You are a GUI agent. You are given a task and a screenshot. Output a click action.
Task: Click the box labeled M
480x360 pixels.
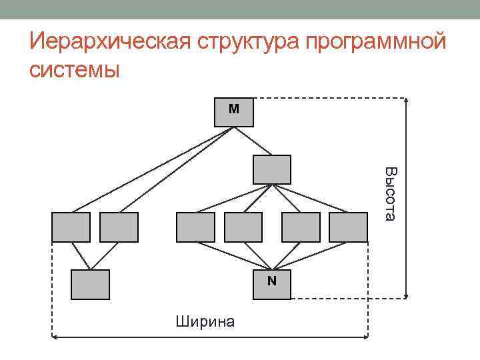pos(233,111)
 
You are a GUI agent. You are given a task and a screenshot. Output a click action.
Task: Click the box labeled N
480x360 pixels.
pos(272,284)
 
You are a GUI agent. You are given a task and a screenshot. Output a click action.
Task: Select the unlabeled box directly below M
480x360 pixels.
pos(272,169)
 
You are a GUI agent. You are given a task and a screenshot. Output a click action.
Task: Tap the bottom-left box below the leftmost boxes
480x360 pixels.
pos(90,284)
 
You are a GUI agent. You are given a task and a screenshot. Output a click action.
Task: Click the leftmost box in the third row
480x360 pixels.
pos(71,227)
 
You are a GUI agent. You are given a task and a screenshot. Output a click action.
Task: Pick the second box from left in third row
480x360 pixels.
pos(119,227)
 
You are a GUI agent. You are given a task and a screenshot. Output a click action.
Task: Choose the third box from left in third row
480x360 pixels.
pos(195,227)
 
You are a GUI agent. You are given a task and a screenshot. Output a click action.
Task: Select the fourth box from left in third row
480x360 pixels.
pos(243,227)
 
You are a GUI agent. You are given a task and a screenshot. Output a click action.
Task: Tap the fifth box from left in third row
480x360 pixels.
pos(301,227)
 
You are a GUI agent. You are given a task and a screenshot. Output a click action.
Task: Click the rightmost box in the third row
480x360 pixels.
pos(348,227)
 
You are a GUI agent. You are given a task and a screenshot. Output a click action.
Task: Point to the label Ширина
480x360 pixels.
pos(205,322)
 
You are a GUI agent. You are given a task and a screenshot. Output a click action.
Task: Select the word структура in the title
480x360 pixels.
pos(245,43)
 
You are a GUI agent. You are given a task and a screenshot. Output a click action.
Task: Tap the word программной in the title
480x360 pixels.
pos(375,43)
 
